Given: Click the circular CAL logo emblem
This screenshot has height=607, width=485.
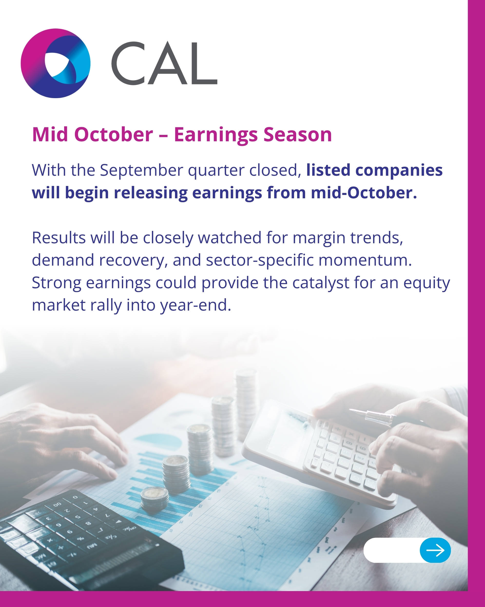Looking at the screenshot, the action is click(55, 63).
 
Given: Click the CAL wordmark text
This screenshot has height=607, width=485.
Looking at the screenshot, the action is click(164, 63).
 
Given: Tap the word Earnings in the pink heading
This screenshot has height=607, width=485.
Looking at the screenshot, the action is click(216, 135).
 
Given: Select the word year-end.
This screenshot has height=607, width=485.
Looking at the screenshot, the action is click(196, 305).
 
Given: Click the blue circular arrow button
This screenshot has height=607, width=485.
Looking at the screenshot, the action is click(435, 550).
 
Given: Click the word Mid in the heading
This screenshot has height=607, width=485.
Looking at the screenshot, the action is click(50, 135).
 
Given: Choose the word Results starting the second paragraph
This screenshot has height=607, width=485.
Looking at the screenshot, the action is click(59, 238).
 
